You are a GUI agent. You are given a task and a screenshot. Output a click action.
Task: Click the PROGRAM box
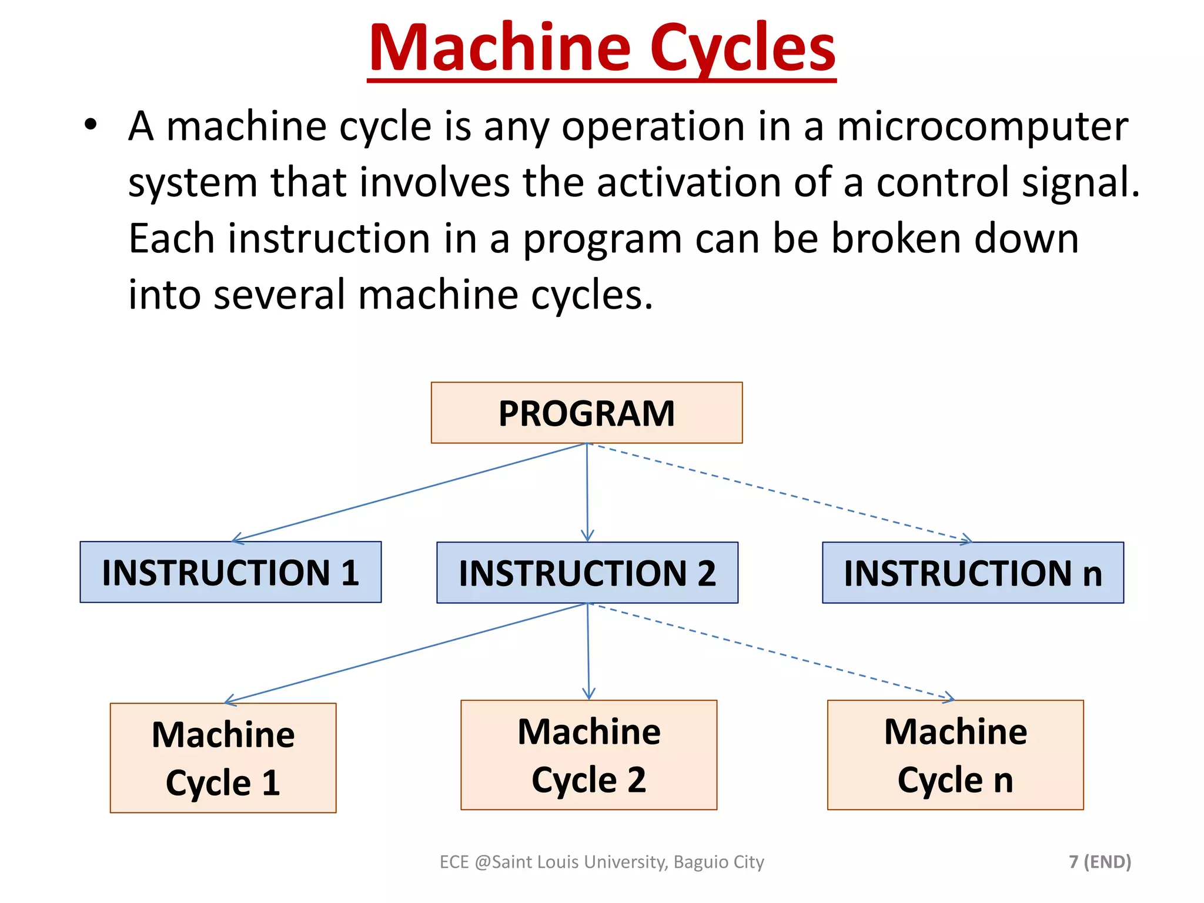click(x=587, y=413)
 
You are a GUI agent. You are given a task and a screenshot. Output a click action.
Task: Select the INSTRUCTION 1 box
click(x=230, y=572)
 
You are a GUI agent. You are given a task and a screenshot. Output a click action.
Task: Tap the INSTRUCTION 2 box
click(x=587, y=573)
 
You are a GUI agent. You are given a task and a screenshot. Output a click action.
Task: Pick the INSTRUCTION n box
click(x=973, y=573)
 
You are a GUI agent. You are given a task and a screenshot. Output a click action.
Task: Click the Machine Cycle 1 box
click(x=223, y=758)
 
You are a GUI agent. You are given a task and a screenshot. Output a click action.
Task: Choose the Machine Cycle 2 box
click(x=589, y=755)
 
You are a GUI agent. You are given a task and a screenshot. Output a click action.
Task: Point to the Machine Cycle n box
click(x=955, y=755)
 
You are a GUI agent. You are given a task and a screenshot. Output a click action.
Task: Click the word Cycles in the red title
click(x=743, y=48)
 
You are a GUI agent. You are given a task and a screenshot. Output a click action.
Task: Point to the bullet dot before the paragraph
click(x=90, y=125)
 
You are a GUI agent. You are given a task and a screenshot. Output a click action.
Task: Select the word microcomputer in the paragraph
click(x=982, y=126)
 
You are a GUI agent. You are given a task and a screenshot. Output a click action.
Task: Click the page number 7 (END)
click(x=1100, y=862)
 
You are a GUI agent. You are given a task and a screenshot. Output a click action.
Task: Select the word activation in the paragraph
click(x=688, y=182)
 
